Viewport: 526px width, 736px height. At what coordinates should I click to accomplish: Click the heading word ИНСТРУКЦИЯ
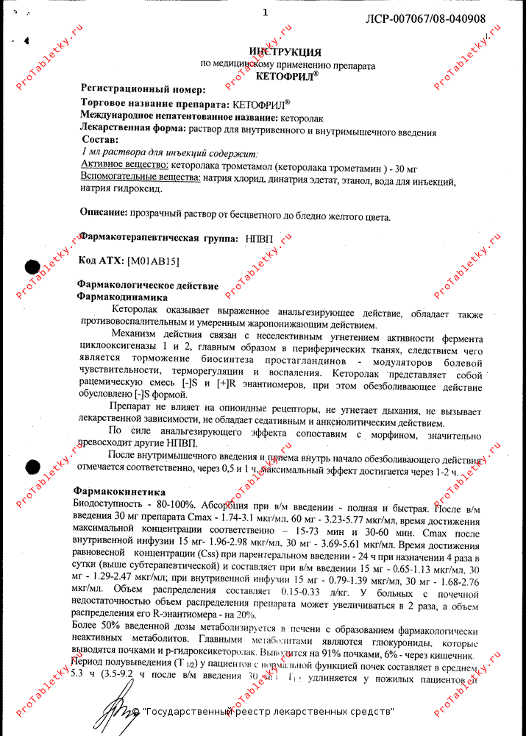285,52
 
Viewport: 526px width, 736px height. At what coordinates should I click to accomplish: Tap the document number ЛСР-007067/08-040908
426,18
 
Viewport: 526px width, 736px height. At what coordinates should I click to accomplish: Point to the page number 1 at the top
266,12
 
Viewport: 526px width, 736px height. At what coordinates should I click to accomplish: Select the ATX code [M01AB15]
154,261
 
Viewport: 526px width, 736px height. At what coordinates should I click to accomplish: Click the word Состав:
101,139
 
